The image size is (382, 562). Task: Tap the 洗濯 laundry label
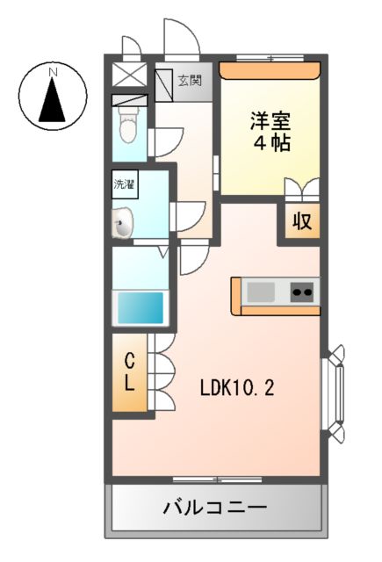coord(124,184)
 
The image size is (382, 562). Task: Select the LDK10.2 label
coord(236,386)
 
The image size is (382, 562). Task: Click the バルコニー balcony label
coord(215,508)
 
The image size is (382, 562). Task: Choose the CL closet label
coord(128,371)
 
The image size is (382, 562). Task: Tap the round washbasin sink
coord(123,224)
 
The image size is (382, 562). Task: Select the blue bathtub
coord(140,307)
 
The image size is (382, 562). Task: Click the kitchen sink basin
coord(262,290)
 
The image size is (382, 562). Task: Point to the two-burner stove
coord(304,290)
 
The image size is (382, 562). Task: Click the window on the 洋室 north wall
coord(270,59)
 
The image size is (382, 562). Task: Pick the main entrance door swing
coord(181,40)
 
